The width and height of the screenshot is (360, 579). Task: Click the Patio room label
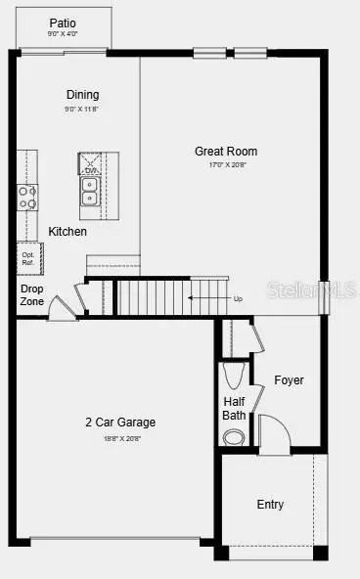[62, 22]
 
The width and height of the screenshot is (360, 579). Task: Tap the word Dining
[82, 95]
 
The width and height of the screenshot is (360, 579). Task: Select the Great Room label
[226, 151]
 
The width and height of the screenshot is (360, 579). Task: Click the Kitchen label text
[67, 232]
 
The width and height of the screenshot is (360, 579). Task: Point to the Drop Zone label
[32, 295]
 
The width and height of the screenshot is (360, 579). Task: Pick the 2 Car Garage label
[120, 423]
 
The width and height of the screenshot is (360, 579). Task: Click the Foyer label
[289, 379]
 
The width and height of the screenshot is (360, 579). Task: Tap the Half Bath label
[234, 408]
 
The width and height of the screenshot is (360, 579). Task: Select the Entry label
[270, 505]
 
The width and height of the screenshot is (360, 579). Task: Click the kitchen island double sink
[90, 191]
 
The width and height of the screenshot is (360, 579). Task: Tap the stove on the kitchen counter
[26, 198]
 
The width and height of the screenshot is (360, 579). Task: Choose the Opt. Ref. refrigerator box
[28, 258]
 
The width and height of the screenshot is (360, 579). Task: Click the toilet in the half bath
[234, 375]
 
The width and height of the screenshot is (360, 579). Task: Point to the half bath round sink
[234, 437]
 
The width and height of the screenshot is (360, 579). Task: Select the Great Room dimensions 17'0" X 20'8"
[226, 164]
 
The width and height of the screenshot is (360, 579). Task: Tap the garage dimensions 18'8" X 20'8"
[120, 438]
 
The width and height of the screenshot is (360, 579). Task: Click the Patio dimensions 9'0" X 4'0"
[62, 34]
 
